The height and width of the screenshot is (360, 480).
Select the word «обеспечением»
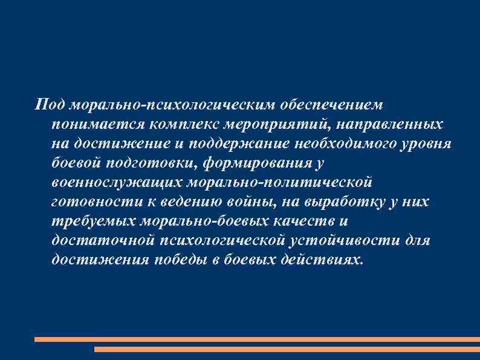click(x=331, y=105)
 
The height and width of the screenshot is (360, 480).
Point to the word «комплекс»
click(x=175, y=124)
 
